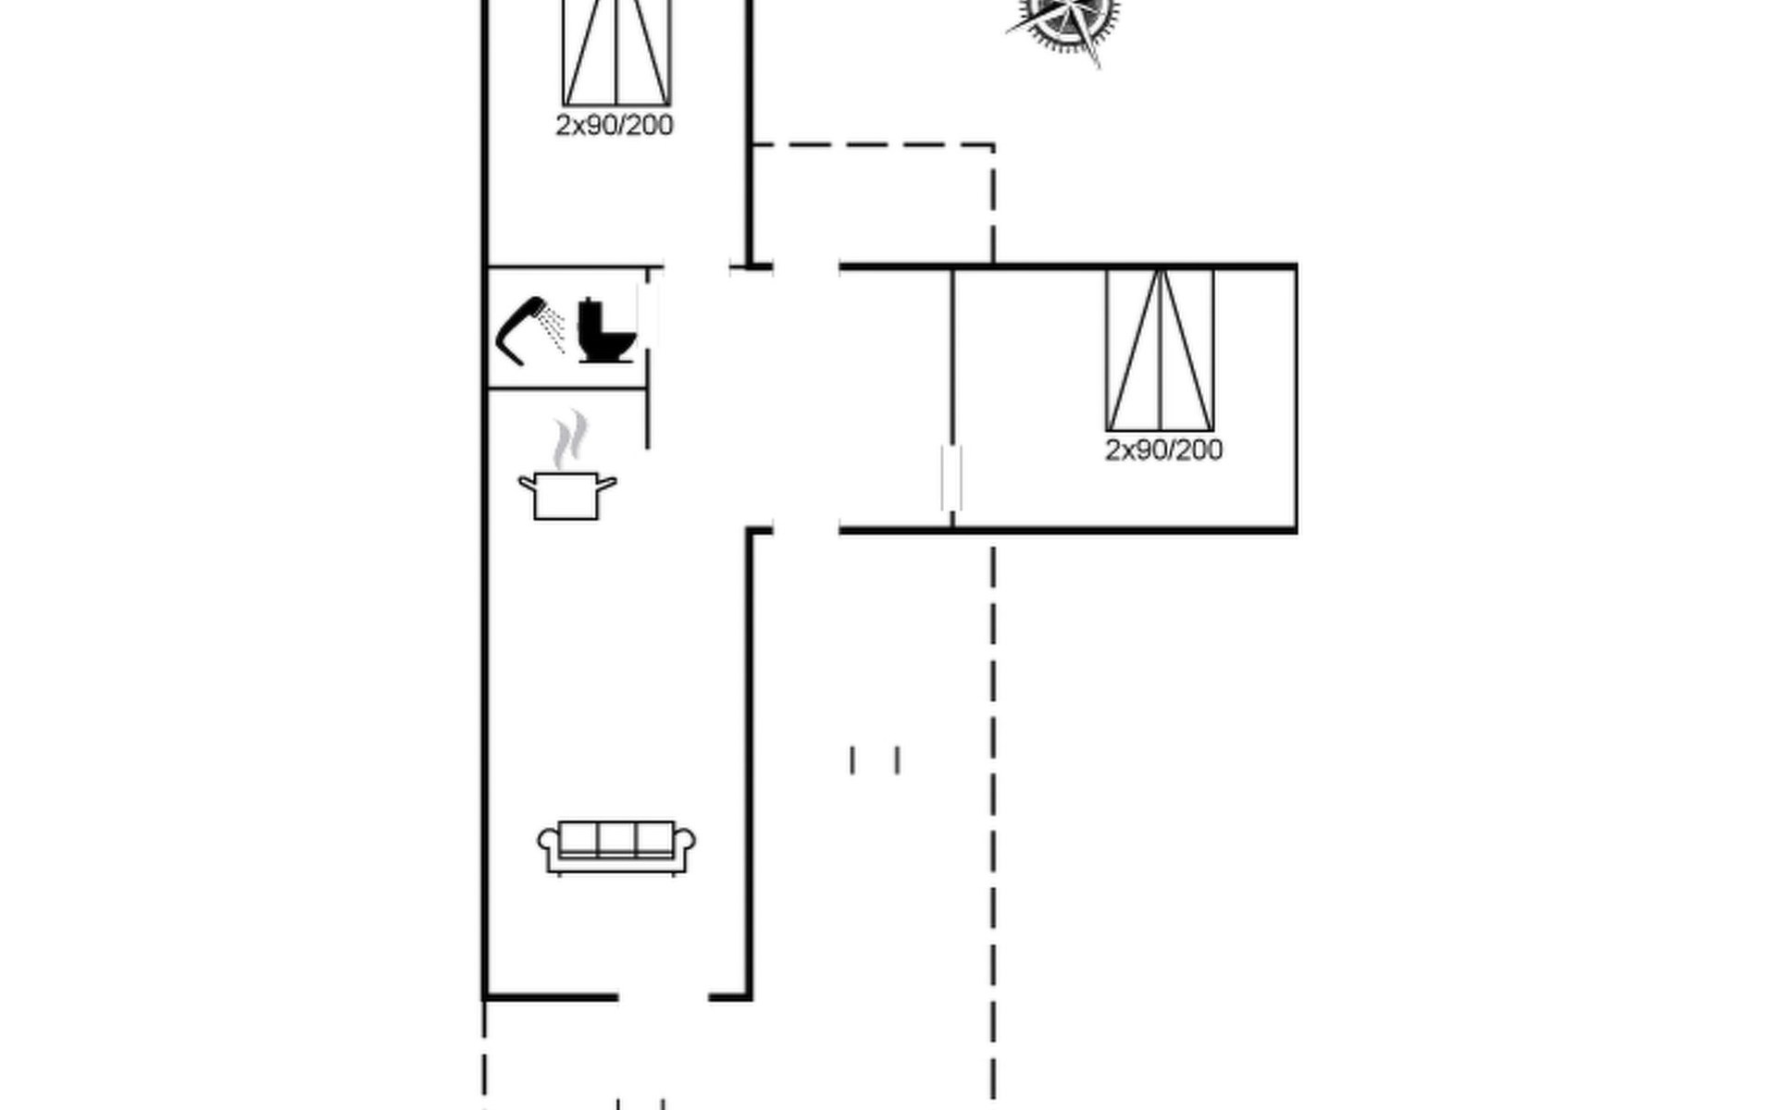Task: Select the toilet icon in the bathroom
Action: click(x=606, y=330)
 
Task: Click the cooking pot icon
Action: click(x=566, y=495)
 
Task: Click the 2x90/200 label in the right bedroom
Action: click(x=1163, y=450)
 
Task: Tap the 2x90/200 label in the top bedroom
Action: click(x=614, y=126)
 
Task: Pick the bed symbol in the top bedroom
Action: click(x=616, y=51)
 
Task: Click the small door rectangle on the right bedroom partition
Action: click(x=951, y=477)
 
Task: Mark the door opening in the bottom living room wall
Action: click(x=663, y=997)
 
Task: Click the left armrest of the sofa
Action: click(x=548, y=843)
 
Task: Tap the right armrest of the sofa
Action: click(x=686, y=843)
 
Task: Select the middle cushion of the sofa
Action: click(x=616, y=838)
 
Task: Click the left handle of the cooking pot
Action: click(x=527, y=482)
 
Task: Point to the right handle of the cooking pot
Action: click(x=607, y=482)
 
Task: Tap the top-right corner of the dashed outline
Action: click(x=993, y=145)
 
